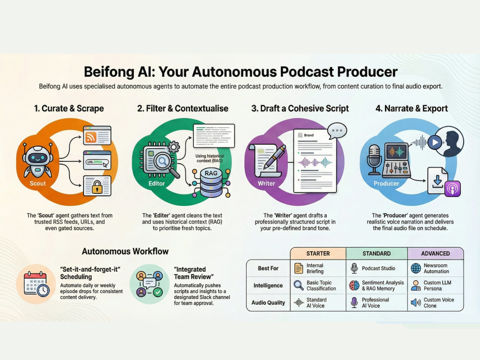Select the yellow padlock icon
(97, 187)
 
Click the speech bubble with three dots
(337, 131)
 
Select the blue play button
(435, 143)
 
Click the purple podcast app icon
(453, 188)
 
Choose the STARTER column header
(318, 253)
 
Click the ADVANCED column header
(435, 253)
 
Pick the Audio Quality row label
(268, 303)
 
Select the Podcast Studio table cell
(377, 268)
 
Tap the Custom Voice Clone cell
(435, 303)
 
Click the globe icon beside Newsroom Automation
(416, 268)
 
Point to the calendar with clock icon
(36, 284)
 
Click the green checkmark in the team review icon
(157, 292)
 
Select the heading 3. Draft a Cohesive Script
(300, 108)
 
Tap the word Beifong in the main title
(109, 72)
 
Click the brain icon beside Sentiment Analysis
(354, 286)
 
